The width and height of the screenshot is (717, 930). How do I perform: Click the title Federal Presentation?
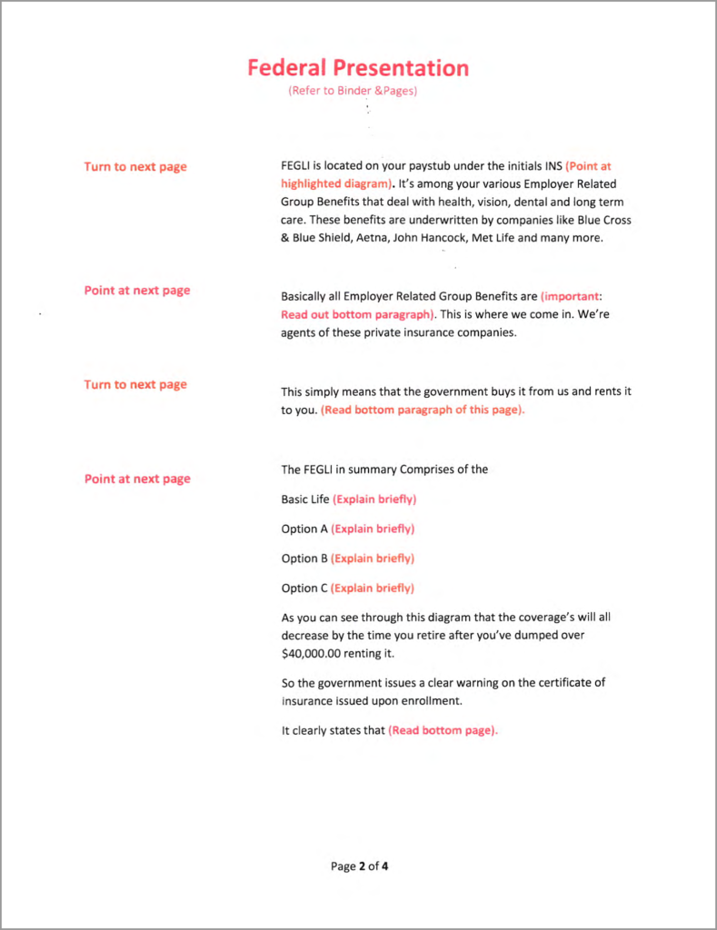point(358,68)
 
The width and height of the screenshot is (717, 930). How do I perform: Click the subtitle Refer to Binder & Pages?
point(353,91)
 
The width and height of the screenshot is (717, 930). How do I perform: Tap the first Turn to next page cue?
point(135,167)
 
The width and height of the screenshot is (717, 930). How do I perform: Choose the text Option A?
point(304,529)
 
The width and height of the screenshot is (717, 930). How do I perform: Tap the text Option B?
point(304,559)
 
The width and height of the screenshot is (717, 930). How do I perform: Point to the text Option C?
point(304,588)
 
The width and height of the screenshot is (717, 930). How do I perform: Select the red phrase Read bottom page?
point(443,730)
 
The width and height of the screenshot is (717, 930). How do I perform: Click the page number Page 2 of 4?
point(359,866)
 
